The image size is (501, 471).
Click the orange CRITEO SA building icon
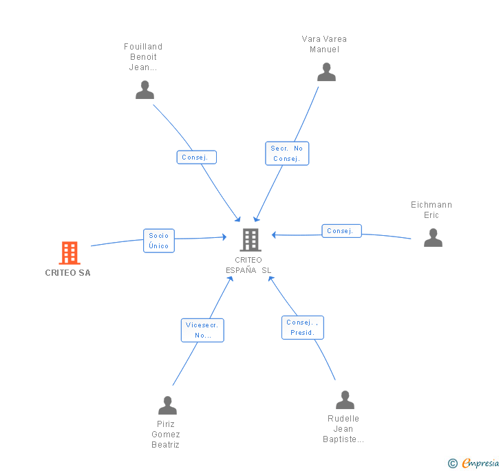(x=69, y=253)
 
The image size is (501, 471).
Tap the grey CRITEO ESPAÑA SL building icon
(x=250, y=240)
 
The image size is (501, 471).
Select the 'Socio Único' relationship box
(x=158, y=241)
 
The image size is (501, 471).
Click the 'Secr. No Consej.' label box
(x=287, y=153)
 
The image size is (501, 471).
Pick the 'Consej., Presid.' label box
(x=302, y=327)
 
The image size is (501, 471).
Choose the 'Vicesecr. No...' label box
(x=202, y=330)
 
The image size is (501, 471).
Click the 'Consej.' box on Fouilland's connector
(x=196, y=157)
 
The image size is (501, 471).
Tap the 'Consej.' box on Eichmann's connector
(x=341, y=231)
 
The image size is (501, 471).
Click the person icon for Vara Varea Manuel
(x=326, y=72)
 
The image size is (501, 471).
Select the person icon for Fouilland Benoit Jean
(x=145, y=90)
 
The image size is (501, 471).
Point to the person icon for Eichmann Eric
(x=433, y=238)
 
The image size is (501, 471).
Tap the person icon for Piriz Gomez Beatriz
(x=167, y=406)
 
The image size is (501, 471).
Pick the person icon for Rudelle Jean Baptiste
(x=345, y=400)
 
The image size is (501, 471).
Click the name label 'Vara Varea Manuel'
(x=324, y=44)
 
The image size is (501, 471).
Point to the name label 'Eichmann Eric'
(x=431, y=210)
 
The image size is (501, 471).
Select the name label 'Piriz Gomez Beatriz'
(x=166, y=435)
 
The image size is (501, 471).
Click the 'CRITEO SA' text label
(x=67, y=273)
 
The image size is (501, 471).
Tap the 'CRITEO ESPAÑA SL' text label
(x=248, y=265)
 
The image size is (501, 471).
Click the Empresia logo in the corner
(x=480, y=463)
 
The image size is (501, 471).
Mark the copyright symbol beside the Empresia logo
(x=453, y=463)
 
